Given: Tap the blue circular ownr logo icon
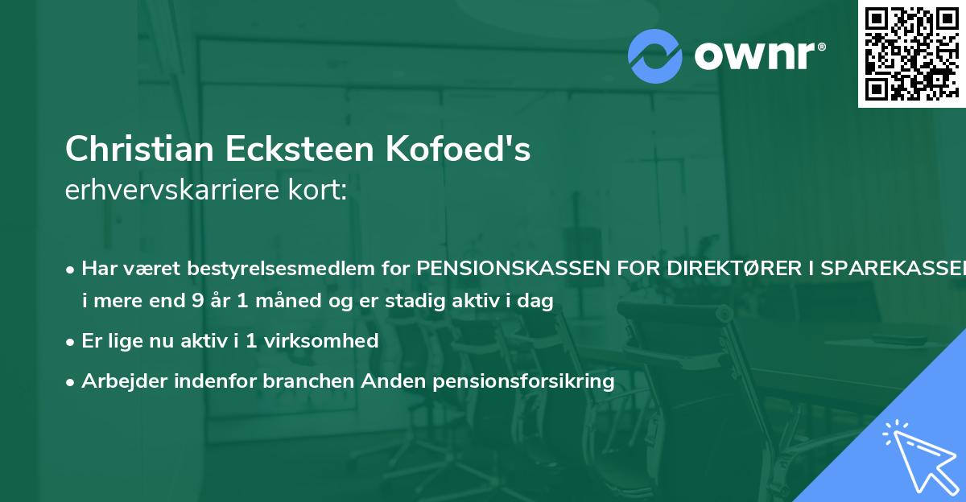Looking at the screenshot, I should (x=655, y=56).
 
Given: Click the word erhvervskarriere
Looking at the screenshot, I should (x=170, y=191).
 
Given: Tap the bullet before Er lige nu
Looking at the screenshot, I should (x=71, y=341).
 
